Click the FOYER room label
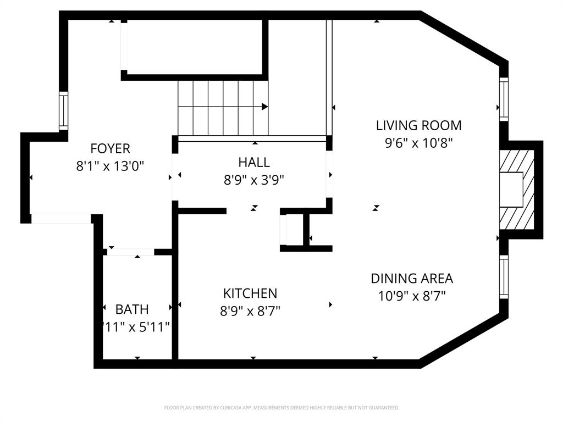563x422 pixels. click(110, 148)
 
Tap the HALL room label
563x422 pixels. click(254, 162)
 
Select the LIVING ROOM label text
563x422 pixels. click(418, 125)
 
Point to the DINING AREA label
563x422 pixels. click(412, 279)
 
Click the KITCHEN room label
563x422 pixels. click(250, 293)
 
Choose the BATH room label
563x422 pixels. click(132, 309)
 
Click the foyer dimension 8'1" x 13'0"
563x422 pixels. click(110, 166)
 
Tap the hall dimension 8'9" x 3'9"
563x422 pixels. click(254, 179)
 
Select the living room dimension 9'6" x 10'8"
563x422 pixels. click(418, 143)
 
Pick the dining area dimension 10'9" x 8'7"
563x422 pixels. click(412, 296)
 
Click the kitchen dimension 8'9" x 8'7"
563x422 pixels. click(250, 311)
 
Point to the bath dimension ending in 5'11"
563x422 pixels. click(136, 327)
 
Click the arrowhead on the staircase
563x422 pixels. click(265, 107)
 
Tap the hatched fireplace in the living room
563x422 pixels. click(517, 190)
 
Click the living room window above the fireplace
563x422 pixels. click(503, 99)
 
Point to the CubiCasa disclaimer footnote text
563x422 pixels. click(281, 408)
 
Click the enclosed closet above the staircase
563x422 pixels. click(194, 46)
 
